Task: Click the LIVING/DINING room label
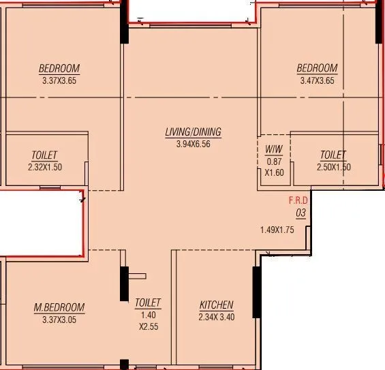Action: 193,132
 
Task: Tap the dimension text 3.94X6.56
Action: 193,144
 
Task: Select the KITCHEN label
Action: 216,305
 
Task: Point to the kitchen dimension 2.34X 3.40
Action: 216,316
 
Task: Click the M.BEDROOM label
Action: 59,307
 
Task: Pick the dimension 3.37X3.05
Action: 59,318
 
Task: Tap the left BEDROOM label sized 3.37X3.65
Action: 59,68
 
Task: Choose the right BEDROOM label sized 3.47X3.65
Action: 317,68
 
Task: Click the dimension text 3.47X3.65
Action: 317,80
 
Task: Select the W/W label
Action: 273,150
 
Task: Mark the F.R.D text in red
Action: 298,200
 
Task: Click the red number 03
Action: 300,213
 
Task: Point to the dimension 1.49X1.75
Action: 276,230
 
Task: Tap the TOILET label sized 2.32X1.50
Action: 44,155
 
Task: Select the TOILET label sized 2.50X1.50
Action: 333,155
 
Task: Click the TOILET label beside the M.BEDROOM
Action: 148,302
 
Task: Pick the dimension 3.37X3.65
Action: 59,80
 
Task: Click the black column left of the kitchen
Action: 124,283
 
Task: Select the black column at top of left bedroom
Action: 124,23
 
